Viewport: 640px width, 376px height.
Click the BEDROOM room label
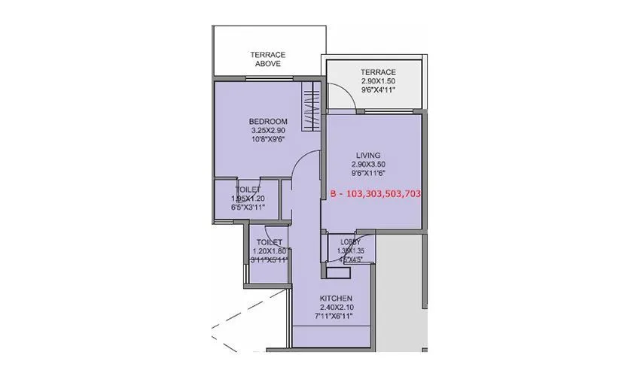coord(268,121)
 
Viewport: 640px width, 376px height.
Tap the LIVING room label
coord(368,155)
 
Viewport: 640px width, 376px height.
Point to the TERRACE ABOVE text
coord(266,59)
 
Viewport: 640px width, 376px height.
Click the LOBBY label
coord(350,243)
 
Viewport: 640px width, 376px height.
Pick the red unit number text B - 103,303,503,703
coord(375,193)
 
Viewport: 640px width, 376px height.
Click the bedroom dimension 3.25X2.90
coord(268,130)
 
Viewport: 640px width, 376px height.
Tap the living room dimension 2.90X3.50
coord(368,164)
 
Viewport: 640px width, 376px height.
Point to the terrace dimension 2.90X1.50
coord(377,80)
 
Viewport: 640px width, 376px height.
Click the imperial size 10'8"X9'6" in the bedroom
coord(268,139)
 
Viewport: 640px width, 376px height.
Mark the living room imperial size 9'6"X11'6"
coord(368,173)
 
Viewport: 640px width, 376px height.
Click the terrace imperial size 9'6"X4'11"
coord(377,89)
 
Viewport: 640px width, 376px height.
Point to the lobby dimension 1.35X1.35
coord(350,252)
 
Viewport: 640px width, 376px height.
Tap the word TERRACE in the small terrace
coord(377,71)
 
